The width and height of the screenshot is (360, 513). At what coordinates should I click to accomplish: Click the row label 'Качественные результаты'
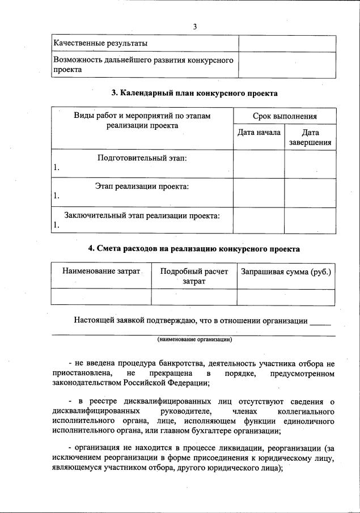pyautogui.click(x=100, y=43)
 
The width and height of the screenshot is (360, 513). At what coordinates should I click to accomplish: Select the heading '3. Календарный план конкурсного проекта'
pyautogui.click(x=194, y=93)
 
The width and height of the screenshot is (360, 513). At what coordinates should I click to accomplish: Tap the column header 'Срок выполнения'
pyautogui.click(x=284, y=116)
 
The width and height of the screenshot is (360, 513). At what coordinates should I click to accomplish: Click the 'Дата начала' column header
pyautogui.click(x=259, y=133)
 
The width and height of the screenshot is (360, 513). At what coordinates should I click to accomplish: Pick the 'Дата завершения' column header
pyautogui.click(x=310, y=138)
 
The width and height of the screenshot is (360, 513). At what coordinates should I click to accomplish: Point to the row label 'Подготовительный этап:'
pyautogui.click(x=142, y=158)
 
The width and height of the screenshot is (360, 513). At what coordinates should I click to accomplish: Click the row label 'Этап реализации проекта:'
pyautogui.click(x=142, y=186)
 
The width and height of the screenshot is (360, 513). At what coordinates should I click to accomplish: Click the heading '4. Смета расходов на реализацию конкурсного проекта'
pyautogui.click(x=194, y=249)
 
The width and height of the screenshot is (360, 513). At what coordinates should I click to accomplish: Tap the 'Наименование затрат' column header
pyautogui.click(x=101, y=272)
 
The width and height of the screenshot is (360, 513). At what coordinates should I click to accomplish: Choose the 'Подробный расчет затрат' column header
pyautogui.click(x=194, y=276)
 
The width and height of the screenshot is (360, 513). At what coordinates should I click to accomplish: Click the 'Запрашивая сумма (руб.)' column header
pyautogui.click(x=286, y=272)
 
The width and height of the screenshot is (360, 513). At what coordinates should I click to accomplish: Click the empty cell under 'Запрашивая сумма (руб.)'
pyautogui.click(x=286, y=297)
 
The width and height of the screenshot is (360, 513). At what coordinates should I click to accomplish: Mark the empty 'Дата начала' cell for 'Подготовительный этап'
pyautogui.click(x=259, y=164)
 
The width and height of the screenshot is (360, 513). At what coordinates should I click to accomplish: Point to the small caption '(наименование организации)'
pyautogui.click(x=194, y=340)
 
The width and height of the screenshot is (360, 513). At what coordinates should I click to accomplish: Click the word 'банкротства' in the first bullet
pyautogui.click(x=176, y=363)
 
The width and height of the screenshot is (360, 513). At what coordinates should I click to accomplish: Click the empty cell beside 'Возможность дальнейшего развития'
pyautogui.click(x=287, y=65)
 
